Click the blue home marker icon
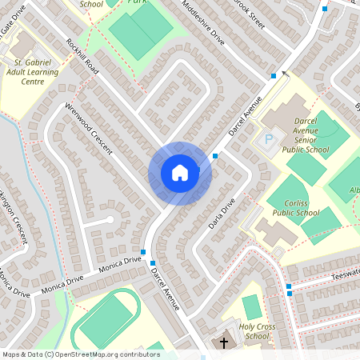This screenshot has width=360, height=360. click(180, 173)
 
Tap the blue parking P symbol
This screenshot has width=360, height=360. click(270, 139)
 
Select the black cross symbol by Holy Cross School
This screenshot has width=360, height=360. click(223, 342)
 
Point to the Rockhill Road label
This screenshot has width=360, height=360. click(82, 57)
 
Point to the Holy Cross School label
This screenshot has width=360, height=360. click(246, 330)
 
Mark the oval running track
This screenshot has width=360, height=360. click(106, 319)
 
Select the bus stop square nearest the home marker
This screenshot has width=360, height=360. click(215, 155)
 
